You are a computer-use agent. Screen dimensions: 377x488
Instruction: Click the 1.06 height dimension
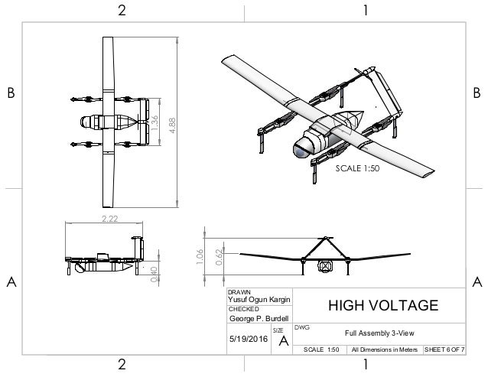[200, 255]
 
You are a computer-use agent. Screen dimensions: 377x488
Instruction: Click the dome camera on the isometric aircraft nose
[300, 148]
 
